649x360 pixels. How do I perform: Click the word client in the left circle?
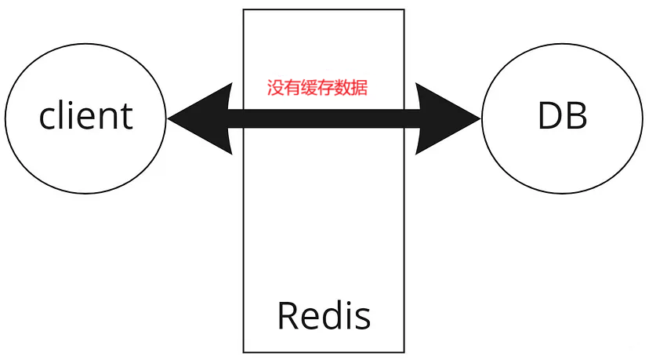coord(86,117)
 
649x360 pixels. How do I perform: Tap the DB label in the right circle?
coord(562,117)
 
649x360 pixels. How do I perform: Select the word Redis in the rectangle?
coord(324,315)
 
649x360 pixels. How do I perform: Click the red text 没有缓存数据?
coord(317,88)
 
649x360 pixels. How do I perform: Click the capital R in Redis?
coord(288,315)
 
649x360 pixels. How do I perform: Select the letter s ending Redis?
coord(362,318)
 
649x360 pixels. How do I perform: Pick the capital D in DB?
coord(549,117)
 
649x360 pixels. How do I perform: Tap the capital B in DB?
coord(576,117)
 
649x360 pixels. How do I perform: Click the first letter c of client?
coord(48,119)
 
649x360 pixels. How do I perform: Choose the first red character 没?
coord(275,88)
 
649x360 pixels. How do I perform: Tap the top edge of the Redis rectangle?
coord(324,9)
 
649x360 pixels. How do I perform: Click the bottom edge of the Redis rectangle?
coord(324,351)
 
